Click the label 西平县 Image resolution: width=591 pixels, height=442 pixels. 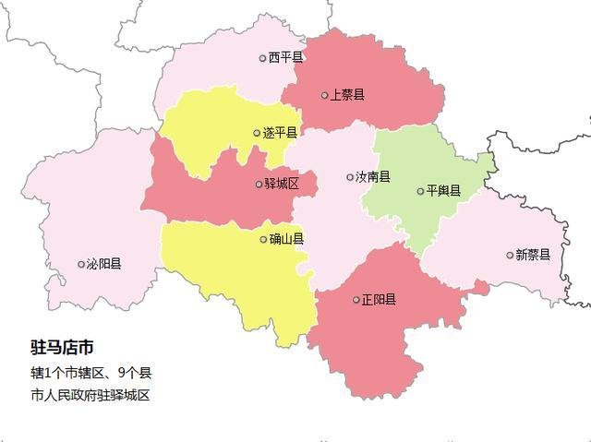pyautogui.click(x=286, y=57)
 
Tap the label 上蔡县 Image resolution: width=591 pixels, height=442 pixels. pyautogui.click(x=347, y=94)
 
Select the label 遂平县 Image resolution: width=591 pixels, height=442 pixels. pyautogui.click(x=280, y=133)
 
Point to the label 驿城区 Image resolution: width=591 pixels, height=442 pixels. pyautogui.click(x=282, y=184)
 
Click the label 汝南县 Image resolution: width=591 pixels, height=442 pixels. pyautogui.click(x=373, y=176)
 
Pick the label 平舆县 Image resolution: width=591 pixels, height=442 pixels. pyautogui.click(x=443, y=191)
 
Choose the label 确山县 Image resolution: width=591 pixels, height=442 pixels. pyautogui.click(x=287, y=239)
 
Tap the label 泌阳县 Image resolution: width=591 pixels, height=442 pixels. pyautogui.click(x=103, y=264)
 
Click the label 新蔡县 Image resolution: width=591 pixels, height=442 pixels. pyautogui.click(x=533, y=255)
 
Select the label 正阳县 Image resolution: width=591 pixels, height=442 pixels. pyautogui.click(x=380, y=299)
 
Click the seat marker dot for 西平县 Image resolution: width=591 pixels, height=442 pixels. pyautogui.click(x=262, y=58)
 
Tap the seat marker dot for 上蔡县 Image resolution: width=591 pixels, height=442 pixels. pyautogui.click(x=324, y=94)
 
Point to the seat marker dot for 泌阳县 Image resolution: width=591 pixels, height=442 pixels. pyautogui.click(x=80, y=264)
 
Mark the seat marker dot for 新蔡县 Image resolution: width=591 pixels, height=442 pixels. pyautogui.click(x=510, y=255)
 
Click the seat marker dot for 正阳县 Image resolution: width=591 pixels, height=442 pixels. pyautogui.click(x=356, y=300)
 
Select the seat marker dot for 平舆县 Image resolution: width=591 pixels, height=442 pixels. pyautogui.click(x=420, y=192)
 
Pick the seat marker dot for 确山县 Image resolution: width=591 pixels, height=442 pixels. pyautogui.click(x=263, y=240)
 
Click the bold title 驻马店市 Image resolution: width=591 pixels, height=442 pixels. pyautogui.click(x=62, y=348)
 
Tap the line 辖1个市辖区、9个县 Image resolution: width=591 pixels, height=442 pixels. pyautogui.click(x=90, y=374)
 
